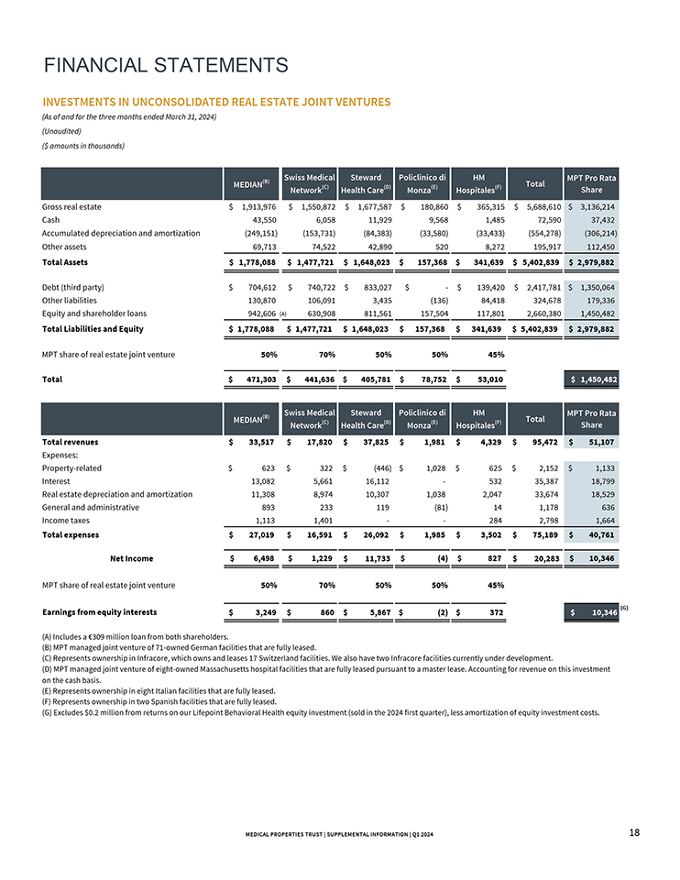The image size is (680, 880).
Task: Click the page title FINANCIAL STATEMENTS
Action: [166, 65]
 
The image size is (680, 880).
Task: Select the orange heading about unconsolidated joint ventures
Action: [216, 102]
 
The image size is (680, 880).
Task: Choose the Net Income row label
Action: [131, 557]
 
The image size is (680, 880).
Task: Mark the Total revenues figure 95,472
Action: [541, 442]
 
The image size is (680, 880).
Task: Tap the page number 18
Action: [634, 831]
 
